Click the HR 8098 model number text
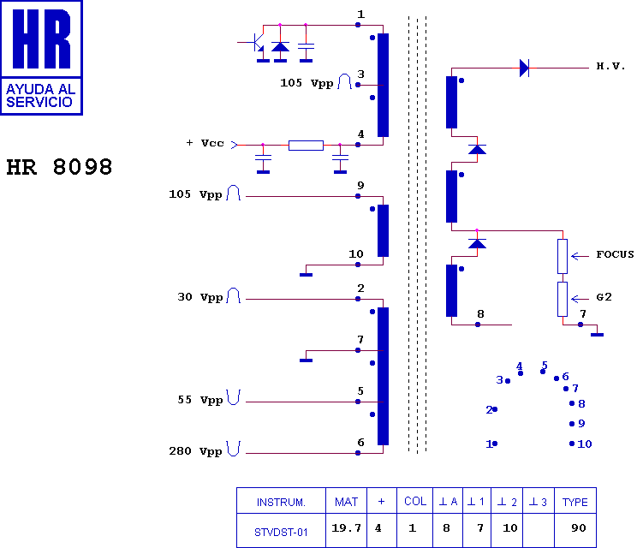(59, 167)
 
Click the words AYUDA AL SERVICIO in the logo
(40, 95)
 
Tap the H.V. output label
(610, 66)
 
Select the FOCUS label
(615, 254)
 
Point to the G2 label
(604, 297)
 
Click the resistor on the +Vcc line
(306, 145)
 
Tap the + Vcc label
(205, 143)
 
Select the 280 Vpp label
(196, 451)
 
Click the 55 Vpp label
(200, 400)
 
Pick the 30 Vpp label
(200, 297)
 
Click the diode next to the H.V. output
(525, 68)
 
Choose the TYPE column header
(574, 502)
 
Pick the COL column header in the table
(415, 501)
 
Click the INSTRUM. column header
(281, 503)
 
